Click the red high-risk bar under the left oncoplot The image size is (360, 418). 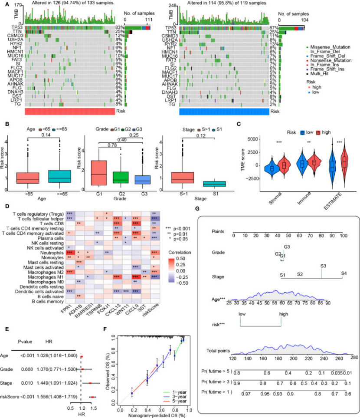coord(69,112)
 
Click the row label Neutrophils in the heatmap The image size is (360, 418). coord(50,252)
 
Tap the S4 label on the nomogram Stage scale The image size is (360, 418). coord(344,274)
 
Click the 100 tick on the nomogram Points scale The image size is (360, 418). coord(343,235)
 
